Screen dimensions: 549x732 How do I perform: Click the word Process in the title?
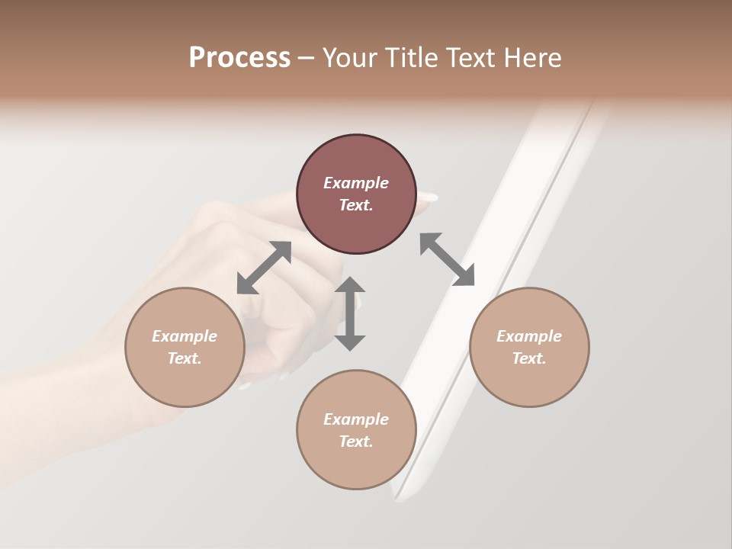click(239, 58)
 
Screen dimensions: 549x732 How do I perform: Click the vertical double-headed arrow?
click(350, 313)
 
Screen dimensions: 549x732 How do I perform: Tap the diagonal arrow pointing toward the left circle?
click(264, 267)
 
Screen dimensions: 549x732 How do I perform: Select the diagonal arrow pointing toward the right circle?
click(447, 259)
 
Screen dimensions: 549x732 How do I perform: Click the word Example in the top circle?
click(356, 183)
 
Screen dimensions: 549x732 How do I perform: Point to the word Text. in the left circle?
click(185, 358)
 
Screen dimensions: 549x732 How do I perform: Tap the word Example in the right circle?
click(529, 336)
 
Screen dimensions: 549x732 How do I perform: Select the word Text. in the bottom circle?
click(356, 441)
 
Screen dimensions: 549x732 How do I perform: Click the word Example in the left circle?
click(185, 336)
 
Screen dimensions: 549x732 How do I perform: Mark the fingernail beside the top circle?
click(428, 197)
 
